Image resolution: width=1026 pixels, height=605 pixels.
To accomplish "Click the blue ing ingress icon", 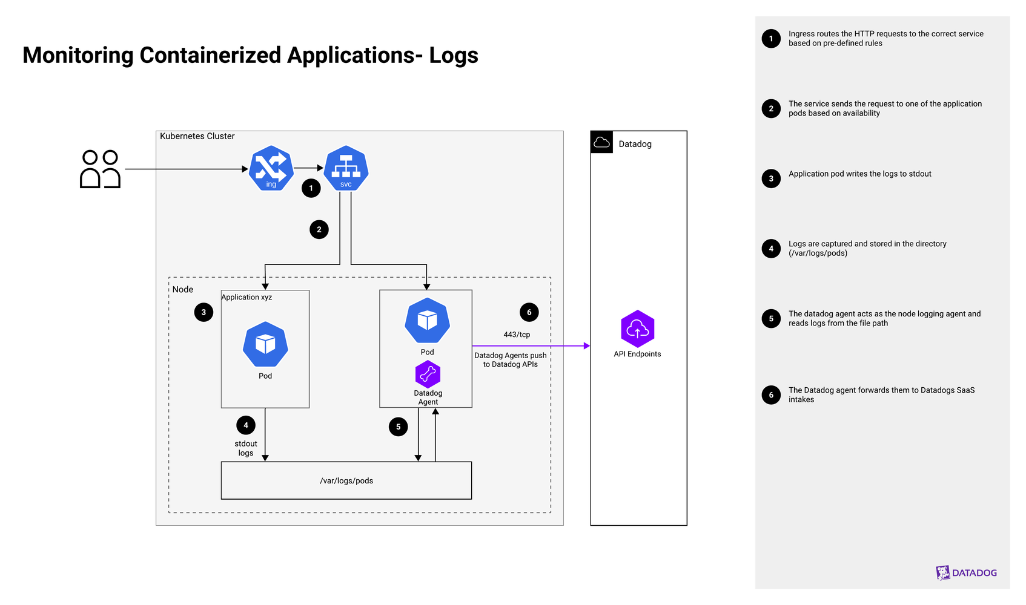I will pos(271,168).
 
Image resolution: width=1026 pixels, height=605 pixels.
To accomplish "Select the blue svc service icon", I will pos(346,168).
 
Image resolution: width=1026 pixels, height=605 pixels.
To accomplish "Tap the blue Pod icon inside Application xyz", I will pos(265,344).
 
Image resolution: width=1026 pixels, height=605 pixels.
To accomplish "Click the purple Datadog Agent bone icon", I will pos(428,374).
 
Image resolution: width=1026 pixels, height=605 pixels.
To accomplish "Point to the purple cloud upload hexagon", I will pos(638,329).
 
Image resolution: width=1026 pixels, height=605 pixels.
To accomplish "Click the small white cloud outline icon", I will pos(601,142).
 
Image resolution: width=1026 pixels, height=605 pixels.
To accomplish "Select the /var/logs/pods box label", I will pos(346,481).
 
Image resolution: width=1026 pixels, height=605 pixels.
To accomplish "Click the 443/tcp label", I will pos(517,335).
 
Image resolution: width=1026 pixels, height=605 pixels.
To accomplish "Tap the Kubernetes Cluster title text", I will pos(197,136).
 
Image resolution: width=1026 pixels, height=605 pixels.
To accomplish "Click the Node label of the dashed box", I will pos(183,289).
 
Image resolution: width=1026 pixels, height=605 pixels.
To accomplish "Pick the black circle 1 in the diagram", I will pos(311,188).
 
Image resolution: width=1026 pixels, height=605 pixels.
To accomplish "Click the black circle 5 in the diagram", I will pos(398,427).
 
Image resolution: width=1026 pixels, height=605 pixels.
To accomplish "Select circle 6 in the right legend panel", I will pos(771,394).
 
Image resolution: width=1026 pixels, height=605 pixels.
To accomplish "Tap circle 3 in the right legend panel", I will pos(771,178).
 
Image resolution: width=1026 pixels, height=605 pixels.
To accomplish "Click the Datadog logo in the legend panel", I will pos(966,572).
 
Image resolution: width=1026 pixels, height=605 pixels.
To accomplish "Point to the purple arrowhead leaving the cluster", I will pos(585,346).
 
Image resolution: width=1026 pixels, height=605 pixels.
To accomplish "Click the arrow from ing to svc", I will pos(309,168).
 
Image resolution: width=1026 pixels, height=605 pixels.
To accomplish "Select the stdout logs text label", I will pos(246,448).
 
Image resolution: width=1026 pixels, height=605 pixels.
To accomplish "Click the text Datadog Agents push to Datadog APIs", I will pos(511,360).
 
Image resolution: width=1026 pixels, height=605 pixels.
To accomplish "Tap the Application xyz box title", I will pos(247,297).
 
